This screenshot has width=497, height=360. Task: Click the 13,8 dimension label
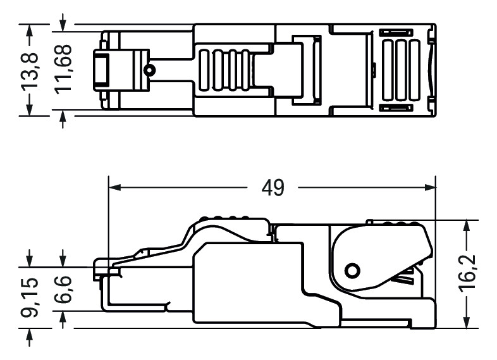tap(31, 70)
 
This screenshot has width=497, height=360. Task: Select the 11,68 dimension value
tap(63, 70)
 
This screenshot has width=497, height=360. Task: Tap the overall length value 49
tap(273, 187)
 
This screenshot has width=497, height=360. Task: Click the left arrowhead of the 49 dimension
tap(113, 187)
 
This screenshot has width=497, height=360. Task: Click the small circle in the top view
tap(149, 70)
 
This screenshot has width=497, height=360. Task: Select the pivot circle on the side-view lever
tap(353, 271)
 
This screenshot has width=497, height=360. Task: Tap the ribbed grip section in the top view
tap(225, 70)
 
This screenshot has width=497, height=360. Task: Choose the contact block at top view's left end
tap(101, 70)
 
